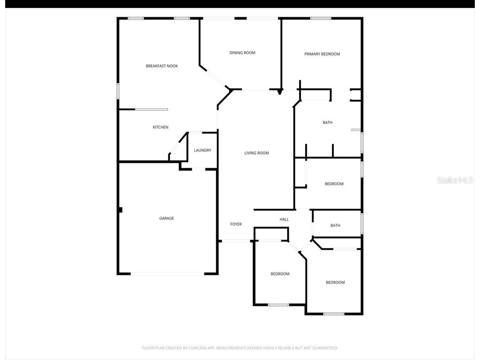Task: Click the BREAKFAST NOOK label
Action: (x=162, y=66)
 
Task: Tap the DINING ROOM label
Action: (x=242, y=53)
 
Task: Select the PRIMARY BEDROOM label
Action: (x=322, y=54)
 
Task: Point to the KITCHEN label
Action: (x=161, y=127)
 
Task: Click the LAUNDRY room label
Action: (x=202, y=151)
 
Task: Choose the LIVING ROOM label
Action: (x=257, y=153)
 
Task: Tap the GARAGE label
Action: (x=167, y=218)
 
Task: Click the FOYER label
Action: (x=236, y=224)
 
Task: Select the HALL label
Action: (x=284, y=219)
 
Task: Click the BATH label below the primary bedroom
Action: (x=327, y=123)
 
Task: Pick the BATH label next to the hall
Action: (x=335, y=225)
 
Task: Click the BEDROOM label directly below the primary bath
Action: (x=334, y=184)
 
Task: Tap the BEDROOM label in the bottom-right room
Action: (x=335, y=283)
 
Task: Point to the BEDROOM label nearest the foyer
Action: (x=280, y=274)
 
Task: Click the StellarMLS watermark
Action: (x=455, y=180)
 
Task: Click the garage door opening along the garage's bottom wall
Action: (x=167, y=274)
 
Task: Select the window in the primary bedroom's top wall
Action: (x=321, y=18)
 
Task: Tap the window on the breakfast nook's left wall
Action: (x=118, y=90)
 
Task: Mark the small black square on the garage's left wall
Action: (x=120, y=210)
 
